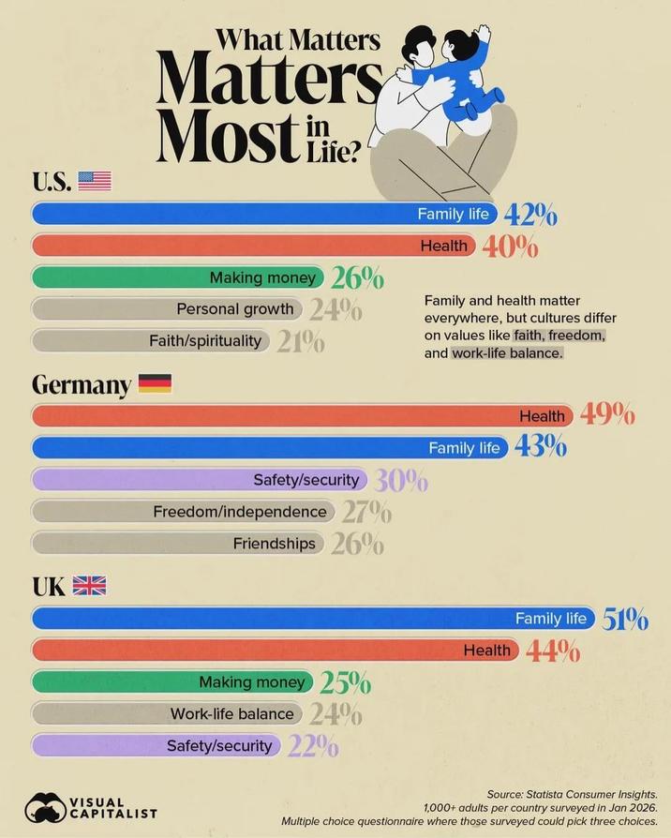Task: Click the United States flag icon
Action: point(94,181)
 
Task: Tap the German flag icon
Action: point(155,383)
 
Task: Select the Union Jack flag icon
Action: point(89,586)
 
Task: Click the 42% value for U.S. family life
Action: point(530,216)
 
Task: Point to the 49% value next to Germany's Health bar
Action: point(607,414)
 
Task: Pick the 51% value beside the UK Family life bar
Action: point(625,619)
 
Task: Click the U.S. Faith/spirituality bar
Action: point(150,340)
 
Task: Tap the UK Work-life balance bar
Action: point(169,714)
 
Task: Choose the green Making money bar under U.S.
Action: point(178,277)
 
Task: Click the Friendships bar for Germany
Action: point(178,544)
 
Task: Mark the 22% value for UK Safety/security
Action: point(314,746)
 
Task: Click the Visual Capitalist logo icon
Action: point(44,808)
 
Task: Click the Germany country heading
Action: point(82,384)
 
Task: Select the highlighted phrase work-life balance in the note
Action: point(506,353)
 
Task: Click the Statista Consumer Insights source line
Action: point(578,794)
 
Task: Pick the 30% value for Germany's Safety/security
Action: point(401,481)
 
